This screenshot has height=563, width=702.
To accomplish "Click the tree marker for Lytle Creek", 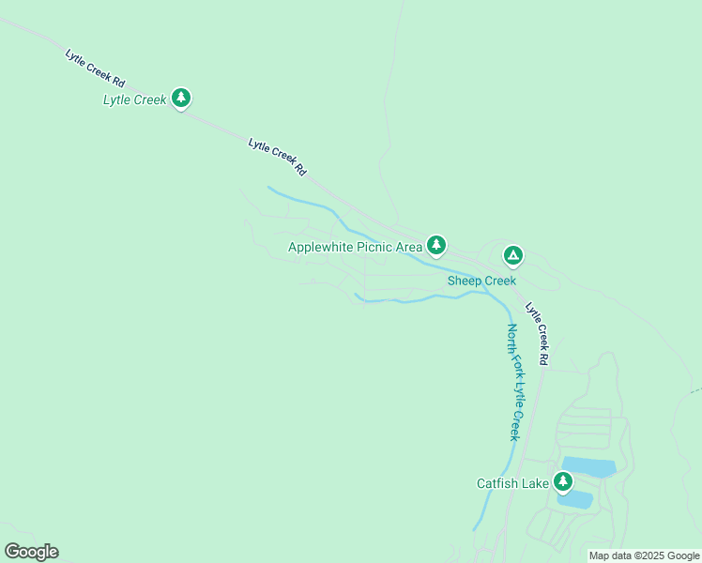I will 181,97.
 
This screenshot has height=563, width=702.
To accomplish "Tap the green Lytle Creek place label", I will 134,99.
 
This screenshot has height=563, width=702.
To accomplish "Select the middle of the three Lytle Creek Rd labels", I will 278,157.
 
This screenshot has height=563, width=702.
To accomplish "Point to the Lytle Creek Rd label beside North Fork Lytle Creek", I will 537,333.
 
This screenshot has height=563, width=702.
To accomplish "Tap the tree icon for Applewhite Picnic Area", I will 435,245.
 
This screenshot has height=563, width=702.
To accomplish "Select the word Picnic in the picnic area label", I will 370,248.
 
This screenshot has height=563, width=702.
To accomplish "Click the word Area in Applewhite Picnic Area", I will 408,248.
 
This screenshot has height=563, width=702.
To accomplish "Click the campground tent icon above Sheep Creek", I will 512,253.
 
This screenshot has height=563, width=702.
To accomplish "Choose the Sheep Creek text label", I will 481,281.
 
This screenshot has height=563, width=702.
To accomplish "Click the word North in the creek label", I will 512,340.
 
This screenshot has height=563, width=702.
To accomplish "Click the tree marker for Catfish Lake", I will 563,481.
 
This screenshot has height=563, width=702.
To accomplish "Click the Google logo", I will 31,552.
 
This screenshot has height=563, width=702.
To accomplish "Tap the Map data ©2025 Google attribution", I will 644,555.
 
